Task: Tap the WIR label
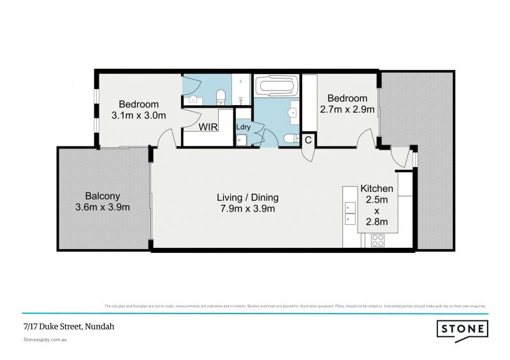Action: click(208, 127)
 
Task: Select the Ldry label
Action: click(243, 126)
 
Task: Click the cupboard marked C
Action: click(307, 140)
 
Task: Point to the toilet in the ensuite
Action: click(221, 96)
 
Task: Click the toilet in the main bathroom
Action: click(288, 138)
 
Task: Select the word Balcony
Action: click(103, 196)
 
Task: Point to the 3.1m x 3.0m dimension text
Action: click(138, 115)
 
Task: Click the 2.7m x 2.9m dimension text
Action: click(347, 109)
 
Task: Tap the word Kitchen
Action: click(377, 189)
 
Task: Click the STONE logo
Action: click(462, 329)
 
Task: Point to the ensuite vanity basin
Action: click(194, 99)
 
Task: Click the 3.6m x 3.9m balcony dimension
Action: click(103, 207)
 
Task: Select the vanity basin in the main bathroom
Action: click(295, 111)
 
